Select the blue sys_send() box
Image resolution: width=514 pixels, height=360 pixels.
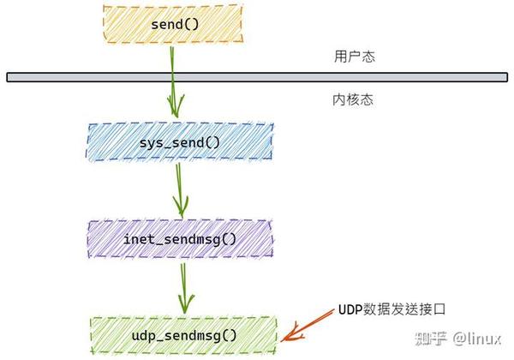(181, 141)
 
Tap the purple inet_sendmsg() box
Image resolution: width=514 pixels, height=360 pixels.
(181, 238)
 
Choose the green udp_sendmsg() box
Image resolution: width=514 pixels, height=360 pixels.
(183, 334)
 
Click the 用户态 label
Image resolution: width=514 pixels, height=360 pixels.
(354, 57)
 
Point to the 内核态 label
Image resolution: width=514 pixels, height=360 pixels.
(352, 100)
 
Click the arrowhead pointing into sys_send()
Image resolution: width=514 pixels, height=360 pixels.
(176, 110)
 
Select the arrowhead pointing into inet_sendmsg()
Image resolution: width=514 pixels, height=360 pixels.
(181, 207)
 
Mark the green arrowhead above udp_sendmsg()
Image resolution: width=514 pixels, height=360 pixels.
(182, 303)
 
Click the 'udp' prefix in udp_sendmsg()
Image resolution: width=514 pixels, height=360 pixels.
(144, 334)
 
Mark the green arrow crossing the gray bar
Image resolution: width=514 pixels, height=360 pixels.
(173, 77)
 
